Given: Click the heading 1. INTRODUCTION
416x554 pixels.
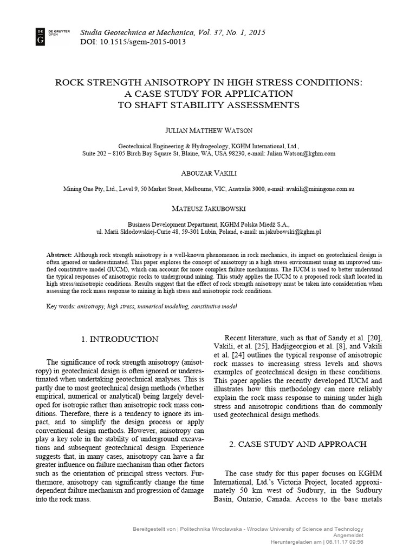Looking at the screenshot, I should coord(120,339).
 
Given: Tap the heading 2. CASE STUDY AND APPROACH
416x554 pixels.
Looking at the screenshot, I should coord(297,444).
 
